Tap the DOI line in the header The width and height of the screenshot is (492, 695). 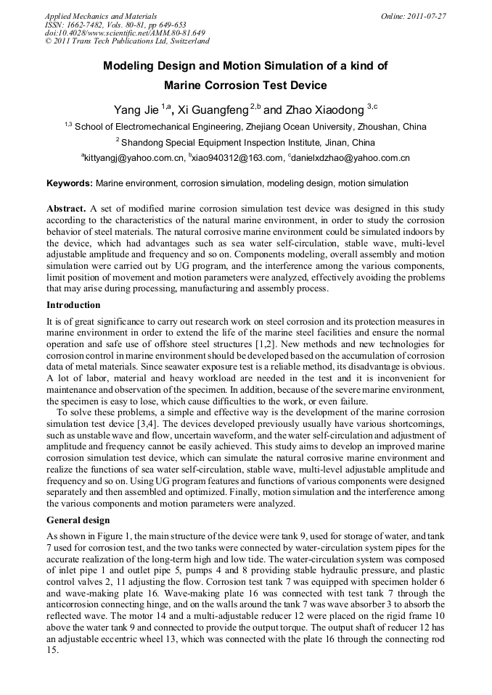tap(125, 33)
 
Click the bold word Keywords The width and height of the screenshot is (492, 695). tap(70, 184)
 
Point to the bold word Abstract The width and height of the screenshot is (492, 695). tap(67, 208)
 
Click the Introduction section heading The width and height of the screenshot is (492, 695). tap(73, 305)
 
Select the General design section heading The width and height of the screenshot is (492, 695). tap(78, 520)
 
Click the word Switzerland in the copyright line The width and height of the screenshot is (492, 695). tap(186, 41)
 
